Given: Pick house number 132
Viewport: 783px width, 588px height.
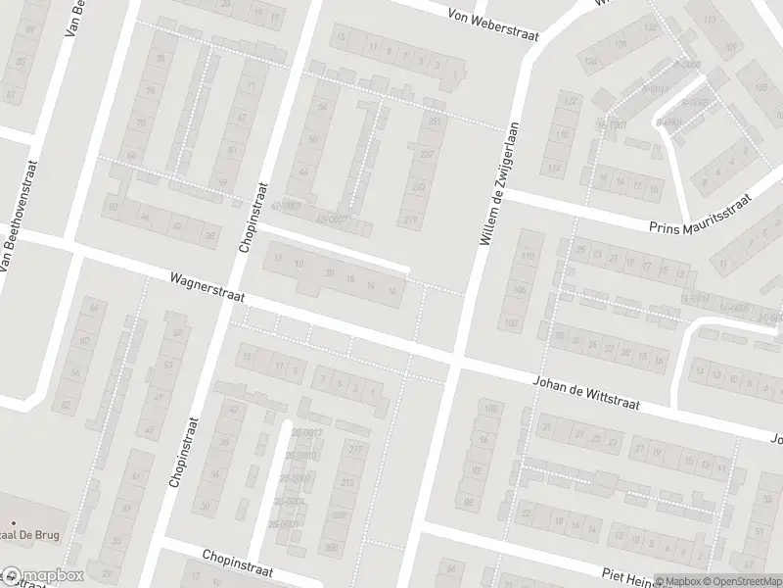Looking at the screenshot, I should pos(650,27).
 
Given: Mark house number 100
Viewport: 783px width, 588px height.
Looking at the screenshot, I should pos(490,408).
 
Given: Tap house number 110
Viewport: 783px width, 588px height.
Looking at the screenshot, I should pos(529,257).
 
